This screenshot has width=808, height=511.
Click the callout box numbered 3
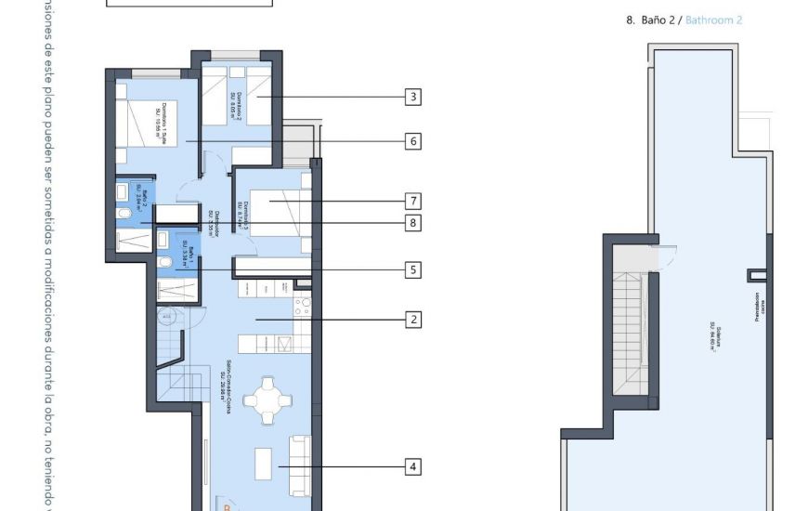(x=413, y=96)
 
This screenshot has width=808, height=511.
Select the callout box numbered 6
(x=413, y=141)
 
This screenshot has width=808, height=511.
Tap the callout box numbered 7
(x=413, y=201)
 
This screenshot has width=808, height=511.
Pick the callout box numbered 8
(x=413, y=223)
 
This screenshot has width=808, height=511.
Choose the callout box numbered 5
(x=413, y=270)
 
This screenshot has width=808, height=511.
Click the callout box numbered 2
(x=413, y=319)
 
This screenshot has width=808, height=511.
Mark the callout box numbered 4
(x=413, y=466)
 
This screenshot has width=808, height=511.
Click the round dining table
(x=266, y=399)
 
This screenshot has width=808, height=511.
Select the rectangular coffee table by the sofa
(x=264, y=461)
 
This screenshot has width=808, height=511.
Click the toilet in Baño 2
(x=124, y=214)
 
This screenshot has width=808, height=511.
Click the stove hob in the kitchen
(x=302, y=308)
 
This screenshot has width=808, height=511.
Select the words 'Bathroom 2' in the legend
(x=713, y=20)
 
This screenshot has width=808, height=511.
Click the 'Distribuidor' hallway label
(x=212, y=224)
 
